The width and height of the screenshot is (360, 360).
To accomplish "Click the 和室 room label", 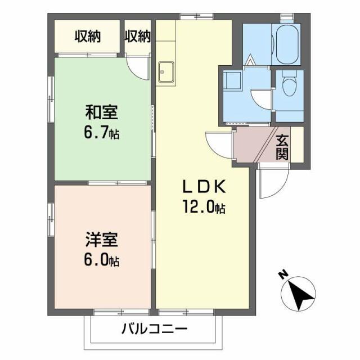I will point(101,112).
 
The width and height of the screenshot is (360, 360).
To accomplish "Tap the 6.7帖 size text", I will point(101,133).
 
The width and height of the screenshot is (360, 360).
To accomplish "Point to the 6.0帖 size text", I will point(101,261).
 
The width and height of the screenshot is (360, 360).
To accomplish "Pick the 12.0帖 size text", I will point(202,208).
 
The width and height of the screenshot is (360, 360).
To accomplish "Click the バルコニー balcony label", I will point(154,328).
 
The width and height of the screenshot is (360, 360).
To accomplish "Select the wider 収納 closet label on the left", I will point(87,37).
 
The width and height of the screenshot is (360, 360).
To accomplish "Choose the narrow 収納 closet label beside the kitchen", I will point(138,37).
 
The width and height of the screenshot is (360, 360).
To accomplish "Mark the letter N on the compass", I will point(283,275).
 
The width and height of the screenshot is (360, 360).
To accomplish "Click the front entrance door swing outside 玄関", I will point(273,183).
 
